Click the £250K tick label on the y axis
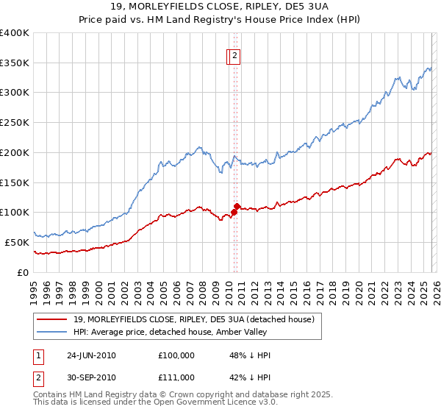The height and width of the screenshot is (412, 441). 15,122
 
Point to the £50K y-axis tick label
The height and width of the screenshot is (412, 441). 17,242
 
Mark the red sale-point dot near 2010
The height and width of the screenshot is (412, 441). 237,206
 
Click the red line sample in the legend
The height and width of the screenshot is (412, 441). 52,319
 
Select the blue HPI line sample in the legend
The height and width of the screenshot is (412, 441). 52,332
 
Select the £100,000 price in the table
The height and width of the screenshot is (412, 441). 176,355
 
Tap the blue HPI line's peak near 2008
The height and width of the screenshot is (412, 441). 199,147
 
